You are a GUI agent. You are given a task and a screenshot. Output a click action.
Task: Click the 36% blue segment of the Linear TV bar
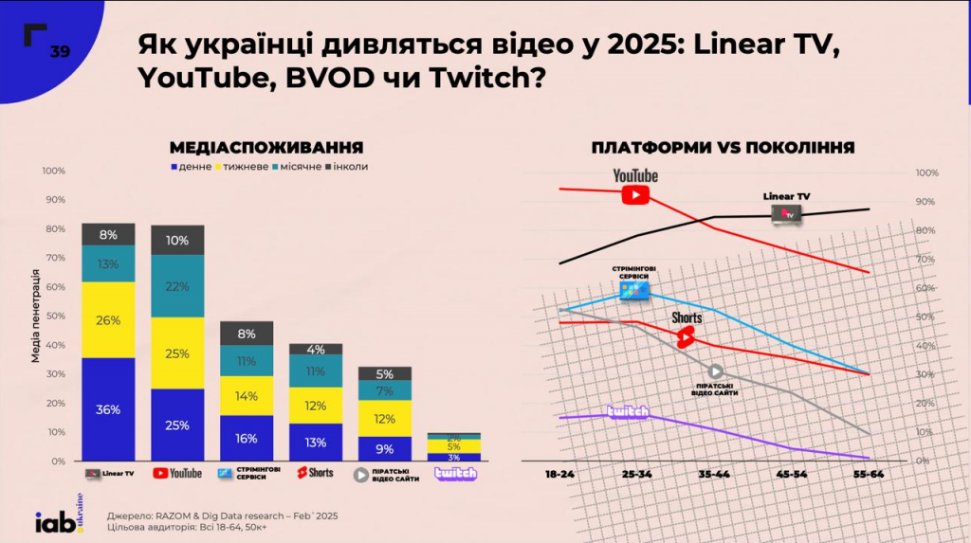click(108, 409)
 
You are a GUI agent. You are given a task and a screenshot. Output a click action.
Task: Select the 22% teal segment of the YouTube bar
click(177, 286)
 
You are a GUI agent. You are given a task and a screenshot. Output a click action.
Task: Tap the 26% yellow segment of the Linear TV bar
click(108, 320)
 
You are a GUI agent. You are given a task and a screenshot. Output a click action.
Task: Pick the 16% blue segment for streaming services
click(247, 438)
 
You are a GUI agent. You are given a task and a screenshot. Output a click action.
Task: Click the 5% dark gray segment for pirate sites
click(385, 373)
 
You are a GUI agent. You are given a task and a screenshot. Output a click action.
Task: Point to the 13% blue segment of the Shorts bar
click(316, 442)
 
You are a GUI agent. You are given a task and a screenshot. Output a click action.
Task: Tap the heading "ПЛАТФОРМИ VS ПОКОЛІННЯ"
click(723, 148)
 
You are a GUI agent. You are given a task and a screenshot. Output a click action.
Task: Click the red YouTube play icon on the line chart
click(635, 193)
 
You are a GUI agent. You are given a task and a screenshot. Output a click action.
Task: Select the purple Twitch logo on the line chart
click(628, 412)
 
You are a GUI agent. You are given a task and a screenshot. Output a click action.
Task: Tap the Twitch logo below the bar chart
click(455, 473)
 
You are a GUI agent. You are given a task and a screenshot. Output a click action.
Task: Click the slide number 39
click(60, 51)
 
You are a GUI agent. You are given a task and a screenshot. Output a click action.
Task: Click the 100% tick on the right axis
click(926, 173)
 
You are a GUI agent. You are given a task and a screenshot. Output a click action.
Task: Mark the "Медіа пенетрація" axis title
click(34, 317)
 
